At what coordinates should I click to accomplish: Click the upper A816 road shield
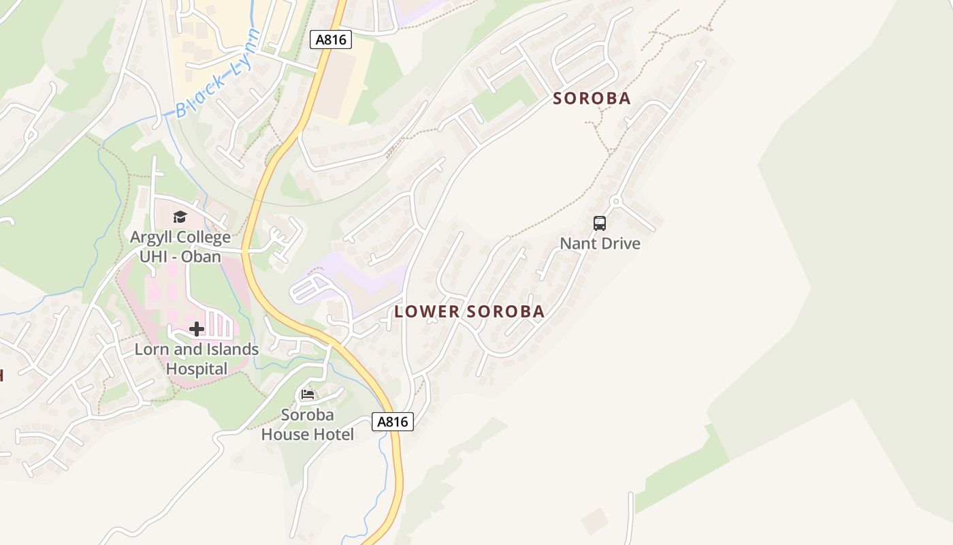pyautogui.click(x=332, y=40)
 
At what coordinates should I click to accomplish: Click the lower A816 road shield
pyautogui.click(x=393, y=422)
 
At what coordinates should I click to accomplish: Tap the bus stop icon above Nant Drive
pyautogui.click(x=600, y=223)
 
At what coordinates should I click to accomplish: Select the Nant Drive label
pyautogui.click(x=600, y=243)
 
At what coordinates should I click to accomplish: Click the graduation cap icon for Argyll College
pyautogui.click(x=180, y=217)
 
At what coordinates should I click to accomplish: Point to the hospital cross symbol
pyautogui.click(x=197, y=330)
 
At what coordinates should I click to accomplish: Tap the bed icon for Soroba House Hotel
pyautogui.click(x=308, y=394)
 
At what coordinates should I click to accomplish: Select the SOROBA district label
pyautogui.click(x=592, y=99)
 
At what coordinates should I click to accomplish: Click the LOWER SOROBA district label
pyautogui.click(x=470, y=312)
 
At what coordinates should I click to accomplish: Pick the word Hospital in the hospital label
pyautogui.click(x=197, y=369)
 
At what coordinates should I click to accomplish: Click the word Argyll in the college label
pyautogui.click(x=152, y=238)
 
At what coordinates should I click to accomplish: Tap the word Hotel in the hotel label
pyautogui.click(x=333, y=435)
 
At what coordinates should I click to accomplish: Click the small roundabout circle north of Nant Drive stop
pyautogui.click(x=615, y=202)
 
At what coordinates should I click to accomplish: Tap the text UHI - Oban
pyautogui.click(x=180, y=257)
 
